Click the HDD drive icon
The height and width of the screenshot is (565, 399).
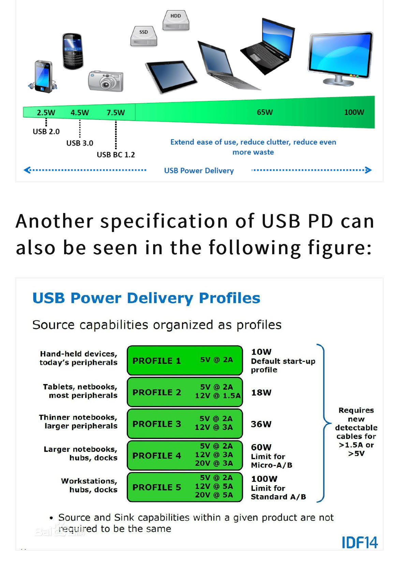pyautogui.click(x=176, y=20)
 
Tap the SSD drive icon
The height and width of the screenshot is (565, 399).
pyautogui.click(x=144, y=36)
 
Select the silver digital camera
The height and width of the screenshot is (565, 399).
pyautogui.click(x=106, y=81)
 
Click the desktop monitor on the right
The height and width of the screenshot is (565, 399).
pyautogui.click(x=340, y=59)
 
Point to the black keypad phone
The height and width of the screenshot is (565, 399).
pyautogui.click(x=73, y=51)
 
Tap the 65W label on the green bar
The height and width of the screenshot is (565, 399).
pyautogui.click(x=265, y=112)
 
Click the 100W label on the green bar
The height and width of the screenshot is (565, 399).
pyautogui.click(x=354, y=112)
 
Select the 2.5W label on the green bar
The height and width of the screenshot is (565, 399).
pyautogui.click(x=46, y=112)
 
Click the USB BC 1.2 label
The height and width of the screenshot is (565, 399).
pyautogui.click(x=116, y=155)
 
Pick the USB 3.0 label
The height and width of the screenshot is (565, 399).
pyautogui.click(x=80, y=143)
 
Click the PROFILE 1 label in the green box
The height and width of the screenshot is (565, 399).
pyautogui.click(x=157, y=361)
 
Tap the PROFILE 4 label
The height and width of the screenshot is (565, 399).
pyautogui.click(x=157, y=456)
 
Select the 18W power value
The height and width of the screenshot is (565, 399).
pyautogui.click(x=261, y=393)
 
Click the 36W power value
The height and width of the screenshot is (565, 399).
pyautogui.click(x=261, y=424)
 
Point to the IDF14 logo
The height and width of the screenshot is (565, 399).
pyautogui.click(x=360, y=542)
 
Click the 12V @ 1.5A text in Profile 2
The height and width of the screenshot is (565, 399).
pyautogui.click(x=218, y=396)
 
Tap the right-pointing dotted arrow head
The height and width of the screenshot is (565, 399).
pyautogui.click(x=368, y=170)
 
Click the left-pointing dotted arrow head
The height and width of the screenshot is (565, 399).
pyautogui.click(x=27, y=170)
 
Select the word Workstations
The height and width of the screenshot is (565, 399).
pyautogui.click(x=89, y=481)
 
